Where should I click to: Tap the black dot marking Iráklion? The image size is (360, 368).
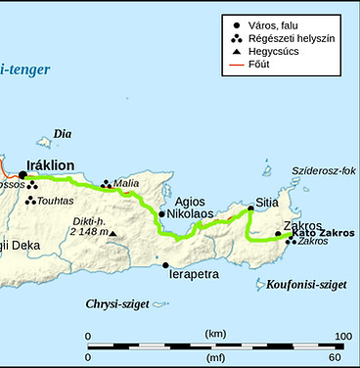(x=22, y=175)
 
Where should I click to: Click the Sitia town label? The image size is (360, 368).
(x=267, y=204)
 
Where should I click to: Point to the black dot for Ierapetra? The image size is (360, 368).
(x=165, y=264)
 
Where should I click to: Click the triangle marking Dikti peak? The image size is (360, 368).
(x=112, y=233)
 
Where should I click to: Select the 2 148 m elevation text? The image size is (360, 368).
(x=87, y=232)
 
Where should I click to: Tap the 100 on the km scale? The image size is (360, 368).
(x=342, y=336)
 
